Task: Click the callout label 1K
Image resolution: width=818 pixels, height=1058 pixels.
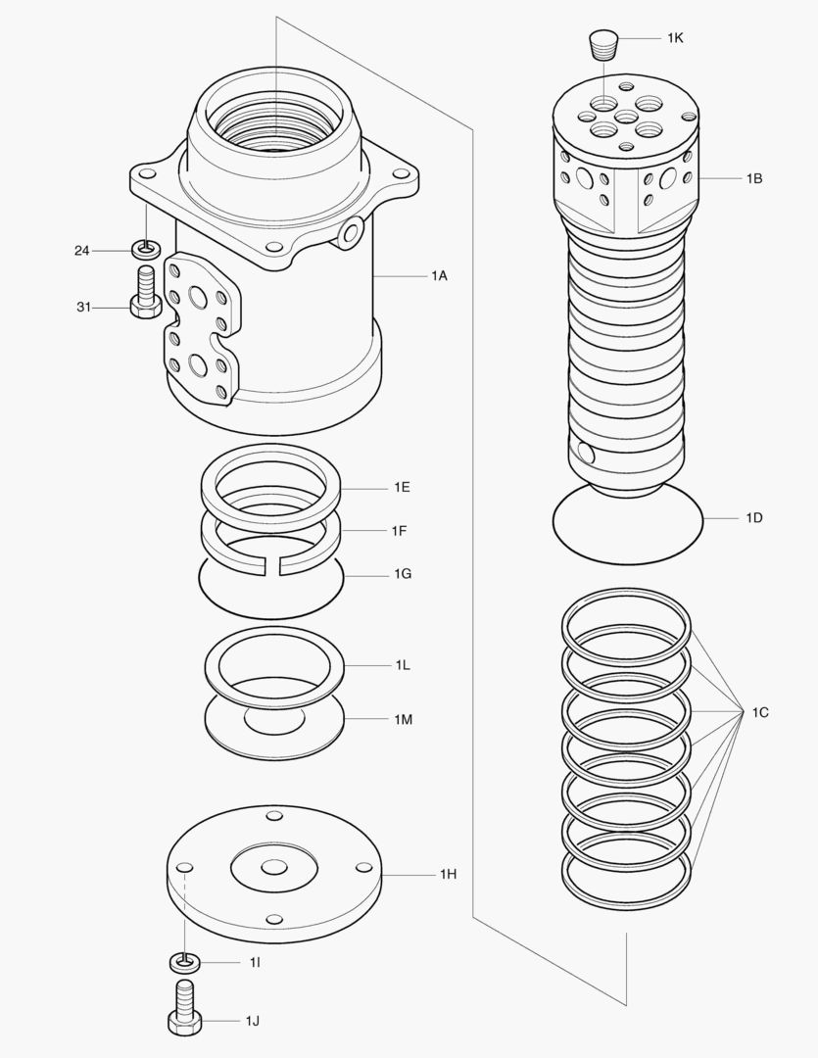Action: point(675,37)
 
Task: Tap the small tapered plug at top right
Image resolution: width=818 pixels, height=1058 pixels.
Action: point(601,44)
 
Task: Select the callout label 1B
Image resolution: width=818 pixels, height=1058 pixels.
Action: point(753,179)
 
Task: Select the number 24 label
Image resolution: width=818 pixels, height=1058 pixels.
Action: point(82,251)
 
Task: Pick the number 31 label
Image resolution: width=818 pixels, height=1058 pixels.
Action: point(84,308)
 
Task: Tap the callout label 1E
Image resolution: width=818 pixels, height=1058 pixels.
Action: point(402,487)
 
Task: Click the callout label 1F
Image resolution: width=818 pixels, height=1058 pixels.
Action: point(400,530)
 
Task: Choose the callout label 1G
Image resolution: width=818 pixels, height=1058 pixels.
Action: point(402,573)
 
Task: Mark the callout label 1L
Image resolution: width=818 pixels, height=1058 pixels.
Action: point(403,665)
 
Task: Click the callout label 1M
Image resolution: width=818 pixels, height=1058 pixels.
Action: point(403,719)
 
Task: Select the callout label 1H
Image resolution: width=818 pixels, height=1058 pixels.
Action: point(448,873)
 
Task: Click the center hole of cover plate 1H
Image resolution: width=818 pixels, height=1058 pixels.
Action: point(274,867)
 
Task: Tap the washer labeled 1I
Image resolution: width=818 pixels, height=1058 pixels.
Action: point(184,962)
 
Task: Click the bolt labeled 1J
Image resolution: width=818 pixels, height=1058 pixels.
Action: point(184,1009)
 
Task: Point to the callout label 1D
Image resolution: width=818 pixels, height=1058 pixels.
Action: point(753,517)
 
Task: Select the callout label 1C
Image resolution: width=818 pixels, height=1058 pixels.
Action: point(760,712)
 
